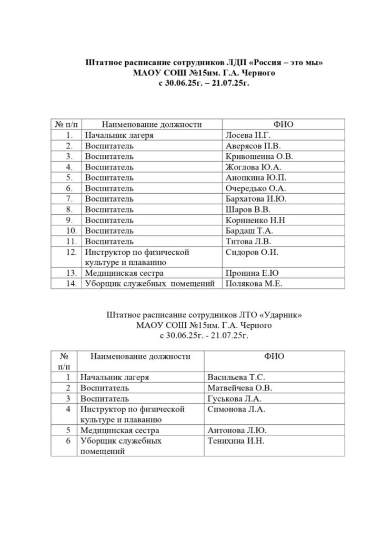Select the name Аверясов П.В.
click(x=253, y=146)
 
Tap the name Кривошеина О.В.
click(x=258, y=156)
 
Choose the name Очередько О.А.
click(x=255, y=188)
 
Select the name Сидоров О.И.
click(x=251, y=252)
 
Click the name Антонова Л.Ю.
click(x=235, y=431)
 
